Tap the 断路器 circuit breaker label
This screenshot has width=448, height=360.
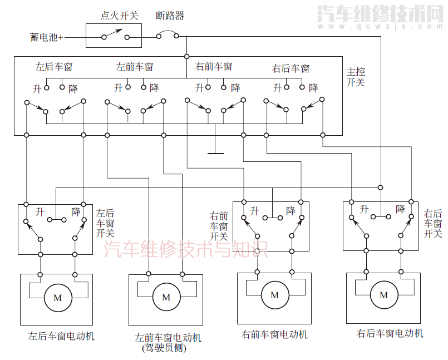coord(170,16)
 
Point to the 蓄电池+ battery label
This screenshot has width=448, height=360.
coord(47,37)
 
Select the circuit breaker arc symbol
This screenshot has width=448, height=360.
coord(168,36)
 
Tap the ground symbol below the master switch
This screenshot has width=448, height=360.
coord(215,152)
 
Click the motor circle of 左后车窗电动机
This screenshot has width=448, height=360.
coord(58,298)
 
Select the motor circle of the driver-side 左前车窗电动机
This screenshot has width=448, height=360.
coord(166,297)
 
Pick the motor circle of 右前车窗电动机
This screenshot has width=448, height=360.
coord(274,295)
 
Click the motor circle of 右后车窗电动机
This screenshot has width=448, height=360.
coord(383,295)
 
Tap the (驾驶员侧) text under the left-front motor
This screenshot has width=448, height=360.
coord(164,348)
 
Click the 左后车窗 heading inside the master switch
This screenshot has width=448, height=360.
coord(54,67)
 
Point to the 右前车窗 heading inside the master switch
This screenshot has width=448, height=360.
coord(214,67)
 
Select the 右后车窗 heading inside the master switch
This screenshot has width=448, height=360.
coord(291,69)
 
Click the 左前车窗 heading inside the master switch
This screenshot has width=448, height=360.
coord(134,67)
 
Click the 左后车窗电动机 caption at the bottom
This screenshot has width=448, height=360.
coord(61,336)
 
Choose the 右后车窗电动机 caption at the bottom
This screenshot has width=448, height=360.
coord(390,333)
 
